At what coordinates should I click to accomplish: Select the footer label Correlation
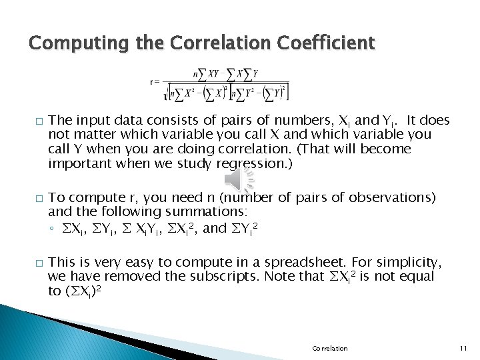(x=329, y=348)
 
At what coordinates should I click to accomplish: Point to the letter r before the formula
(x=153, y=82)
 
